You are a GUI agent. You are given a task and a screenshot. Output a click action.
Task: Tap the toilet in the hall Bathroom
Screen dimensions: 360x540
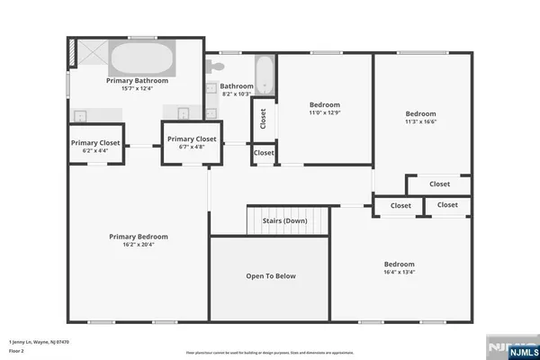tap(217, 67)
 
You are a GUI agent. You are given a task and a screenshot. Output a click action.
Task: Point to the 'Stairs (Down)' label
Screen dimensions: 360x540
tap(284, 221)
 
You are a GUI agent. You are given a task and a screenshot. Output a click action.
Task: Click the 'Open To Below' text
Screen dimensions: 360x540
tap(270, 276)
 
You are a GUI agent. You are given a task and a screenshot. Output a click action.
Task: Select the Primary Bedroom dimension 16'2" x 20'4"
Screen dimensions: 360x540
tap(139, 244)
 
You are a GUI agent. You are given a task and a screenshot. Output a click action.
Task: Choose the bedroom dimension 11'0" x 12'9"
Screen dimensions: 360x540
tap(323, 112)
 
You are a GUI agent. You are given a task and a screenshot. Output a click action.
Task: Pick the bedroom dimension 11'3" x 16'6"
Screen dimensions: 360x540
tap(420, 121)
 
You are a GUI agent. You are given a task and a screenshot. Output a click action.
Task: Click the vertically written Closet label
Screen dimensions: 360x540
tap(263, 119)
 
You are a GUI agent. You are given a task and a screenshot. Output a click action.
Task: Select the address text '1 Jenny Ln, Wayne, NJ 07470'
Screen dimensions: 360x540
tap(39, 342)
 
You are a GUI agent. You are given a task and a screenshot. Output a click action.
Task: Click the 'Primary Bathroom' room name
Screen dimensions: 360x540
tap(138, 80)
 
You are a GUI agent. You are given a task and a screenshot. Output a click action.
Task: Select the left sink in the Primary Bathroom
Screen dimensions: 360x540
tap(81, 114)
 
